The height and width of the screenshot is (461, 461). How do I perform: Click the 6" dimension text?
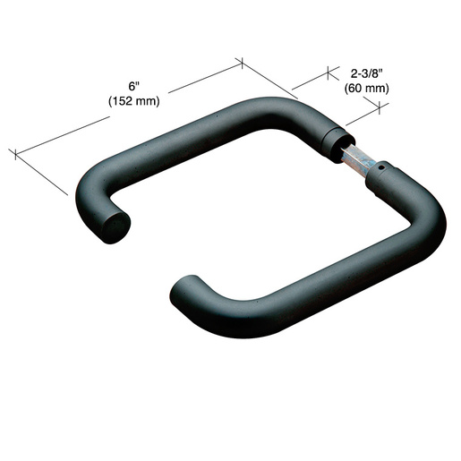(134, 86)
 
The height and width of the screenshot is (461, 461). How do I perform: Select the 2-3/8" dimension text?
(366, 73)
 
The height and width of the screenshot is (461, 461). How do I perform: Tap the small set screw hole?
(380, 167)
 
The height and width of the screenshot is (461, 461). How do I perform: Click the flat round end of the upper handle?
(115, 227)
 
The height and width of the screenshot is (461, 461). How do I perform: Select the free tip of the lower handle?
(183, 289)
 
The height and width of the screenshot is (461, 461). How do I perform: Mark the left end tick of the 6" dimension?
(15, 154)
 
